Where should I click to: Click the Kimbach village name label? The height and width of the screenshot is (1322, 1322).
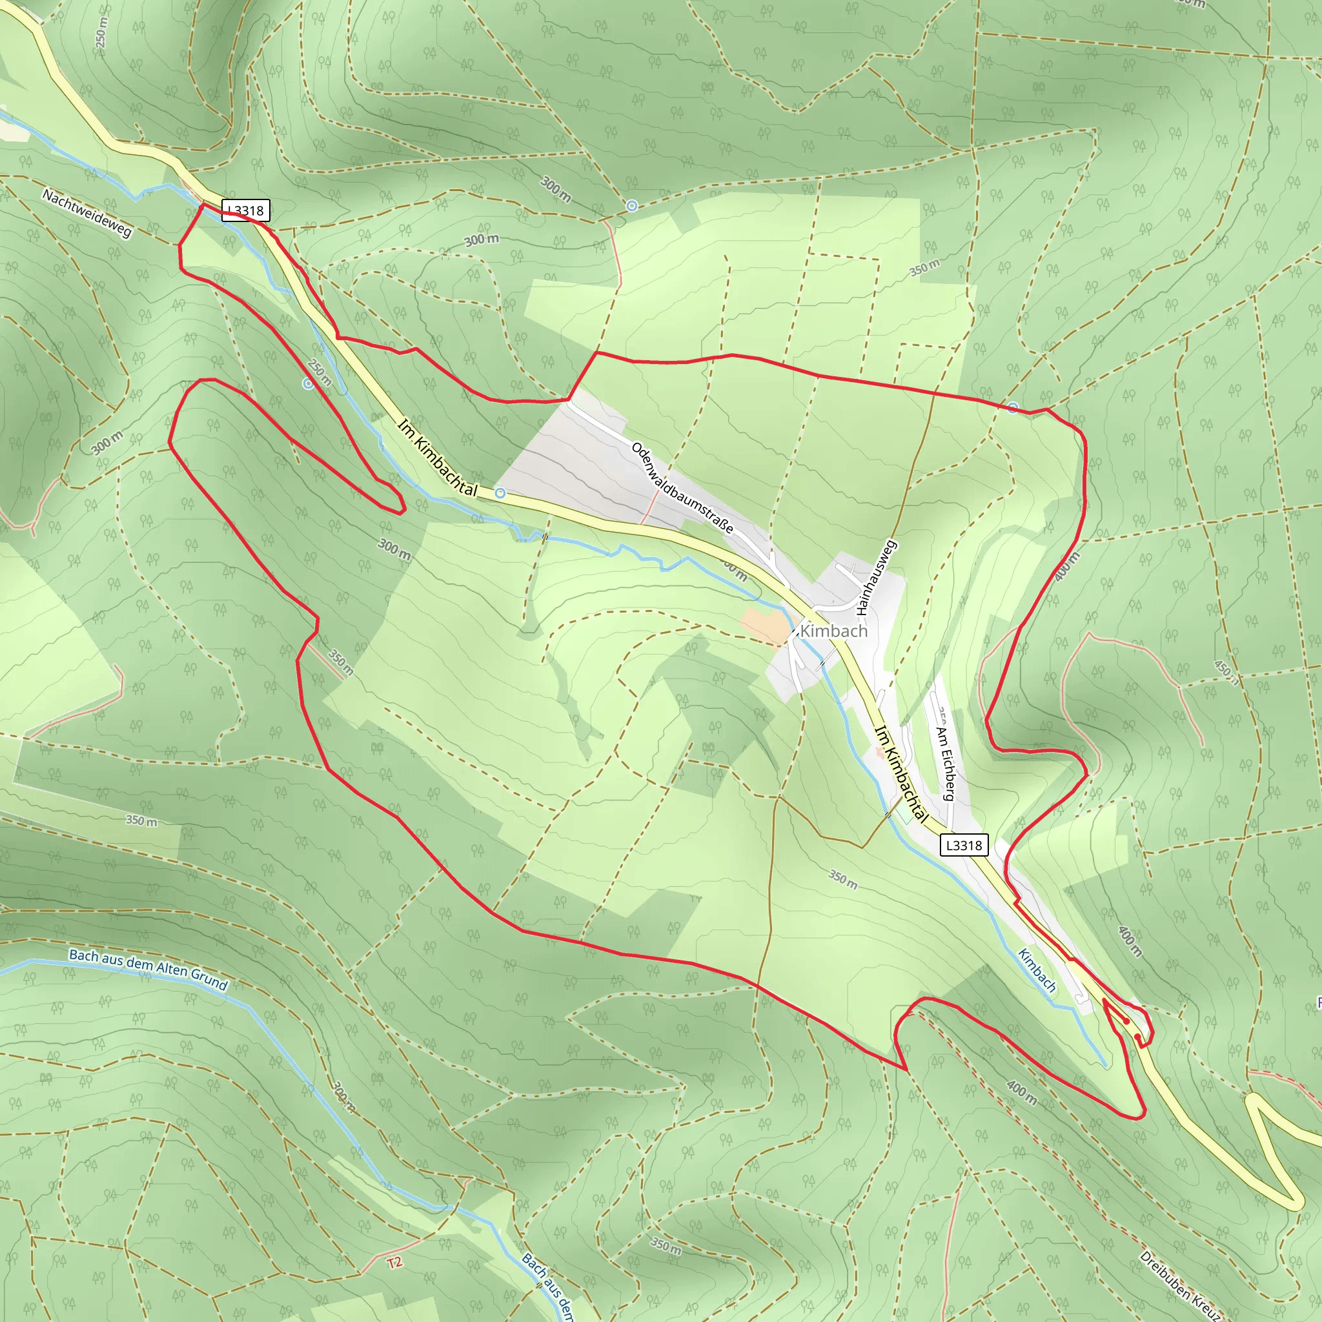coord(833,631)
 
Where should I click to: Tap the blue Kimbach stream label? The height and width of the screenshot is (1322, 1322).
coord(1037,970)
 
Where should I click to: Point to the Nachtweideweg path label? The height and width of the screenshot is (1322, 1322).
coord(87,214)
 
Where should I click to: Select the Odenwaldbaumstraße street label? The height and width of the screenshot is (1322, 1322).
coord(682,488)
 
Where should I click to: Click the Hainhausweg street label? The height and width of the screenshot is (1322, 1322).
coord(876,576)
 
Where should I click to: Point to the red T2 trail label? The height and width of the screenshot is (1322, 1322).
coord(395,1263)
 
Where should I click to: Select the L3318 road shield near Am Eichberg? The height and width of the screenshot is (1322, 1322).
coord(964,846)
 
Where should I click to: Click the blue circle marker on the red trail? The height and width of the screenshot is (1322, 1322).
coord(1013,408)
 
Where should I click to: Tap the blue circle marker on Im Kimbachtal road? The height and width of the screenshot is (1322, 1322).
coord(500,493)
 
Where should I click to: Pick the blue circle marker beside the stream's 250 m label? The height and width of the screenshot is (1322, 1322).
coord(308,384)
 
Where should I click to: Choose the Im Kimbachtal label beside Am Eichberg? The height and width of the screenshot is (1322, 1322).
coord(902,775)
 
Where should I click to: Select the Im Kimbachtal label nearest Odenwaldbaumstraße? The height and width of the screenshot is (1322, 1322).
coord(437,457)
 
